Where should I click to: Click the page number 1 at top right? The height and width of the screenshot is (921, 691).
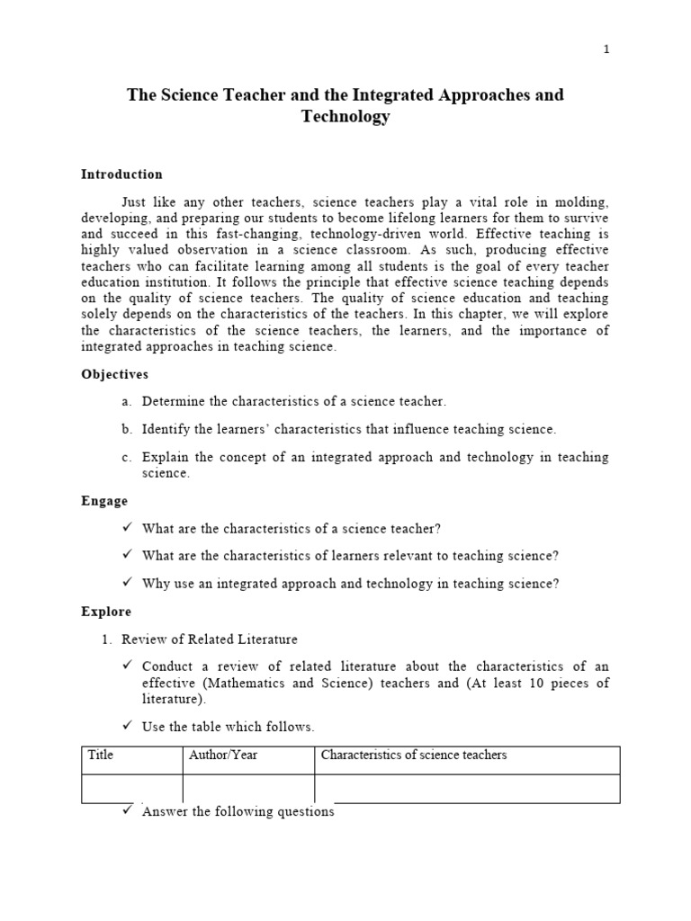(x=606, y=49)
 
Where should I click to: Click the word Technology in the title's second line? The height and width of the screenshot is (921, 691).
(x=345, y=117)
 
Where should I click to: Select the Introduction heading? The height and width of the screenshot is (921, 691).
(x=121, y=174)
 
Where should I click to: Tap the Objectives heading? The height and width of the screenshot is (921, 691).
(x=115, y=374)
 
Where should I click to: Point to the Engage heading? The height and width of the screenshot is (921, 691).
(x=104, y=501)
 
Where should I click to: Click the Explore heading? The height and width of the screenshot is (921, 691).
(x=106, y=612)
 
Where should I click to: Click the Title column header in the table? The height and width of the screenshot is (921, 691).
(x=101, y=756)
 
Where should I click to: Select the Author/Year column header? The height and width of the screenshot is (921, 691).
(x=223, y=756)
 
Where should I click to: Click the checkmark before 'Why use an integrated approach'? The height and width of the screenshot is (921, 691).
(x=127, y=583)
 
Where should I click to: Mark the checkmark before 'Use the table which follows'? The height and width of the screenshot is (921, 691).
(x=127, y=726)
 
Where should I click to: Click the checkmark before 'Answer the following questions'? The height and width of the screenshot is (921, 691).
(x=127, y=810)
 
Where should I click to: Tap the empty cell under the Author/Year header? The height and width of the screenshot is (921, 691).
(x=248, y=789)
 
